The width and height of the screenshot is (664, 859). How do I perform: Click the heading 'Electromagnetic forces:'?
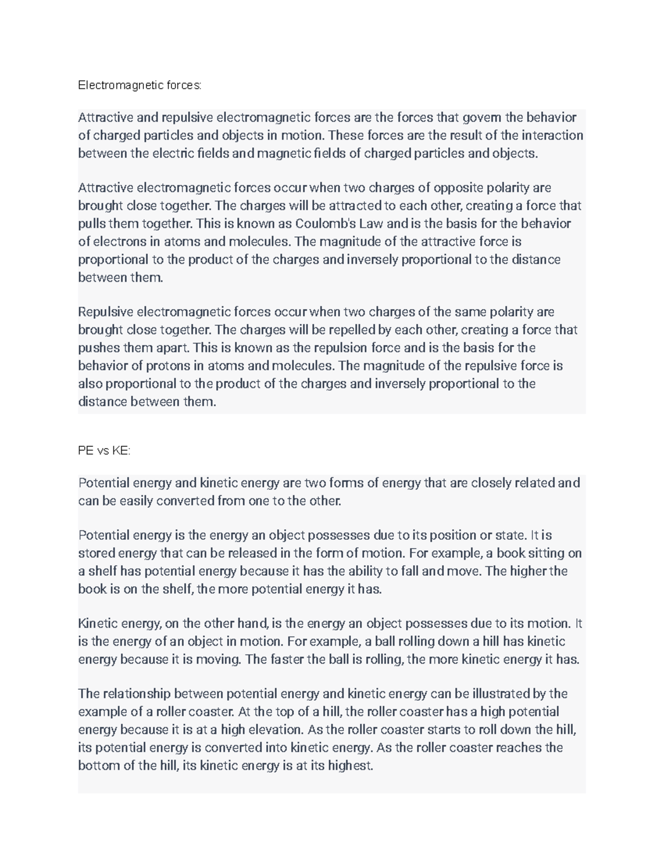(140, 85)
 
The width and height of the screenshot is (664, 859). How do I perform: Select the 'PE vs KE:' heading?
(104, 451)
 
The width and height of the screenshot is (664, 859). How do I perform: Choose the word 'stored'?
(96, 554)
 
